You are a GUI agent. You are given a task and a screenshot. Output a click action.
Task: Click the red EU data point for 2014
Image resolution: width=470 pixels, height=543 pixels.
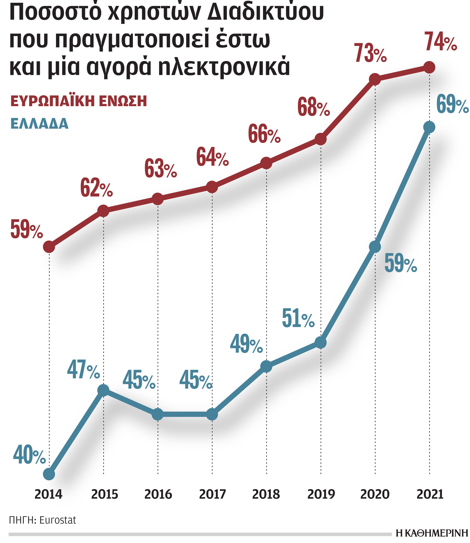coord(49,247)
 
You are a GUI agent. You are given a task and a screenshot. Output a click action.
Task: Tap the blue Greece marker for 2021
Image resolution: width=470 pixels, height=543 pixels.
coord(429,127)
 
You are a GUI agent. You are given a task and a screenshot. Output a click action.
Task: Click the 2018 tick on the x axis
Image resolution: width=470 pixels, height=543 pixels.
coord(266,495)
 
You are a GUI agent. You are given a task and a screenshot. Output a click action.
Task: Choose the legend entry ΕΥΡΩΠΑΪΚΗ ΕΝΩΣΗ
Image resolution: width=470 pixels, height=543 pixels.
coord(78,101)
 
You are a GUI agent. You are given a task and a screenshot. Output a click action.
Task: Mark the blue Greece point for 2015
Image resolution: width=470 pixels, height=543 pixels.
coord(103,390)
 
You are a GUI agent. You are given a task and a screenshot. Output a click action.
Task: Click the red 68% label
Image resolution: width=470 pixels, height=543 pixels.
coord(313,107)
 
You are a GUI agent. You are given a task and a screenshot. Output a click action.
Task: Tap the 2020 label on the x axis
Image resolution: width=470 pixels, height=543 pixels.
coord(375,495)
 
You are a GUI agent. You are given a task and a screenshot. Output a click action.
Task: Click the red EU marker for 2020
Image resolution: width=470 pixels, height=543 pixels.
coord(375,79)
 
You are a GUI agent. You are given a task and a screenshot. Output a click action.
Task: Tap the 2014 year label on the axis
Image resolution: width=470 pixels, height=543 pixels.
coord(48,495)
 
